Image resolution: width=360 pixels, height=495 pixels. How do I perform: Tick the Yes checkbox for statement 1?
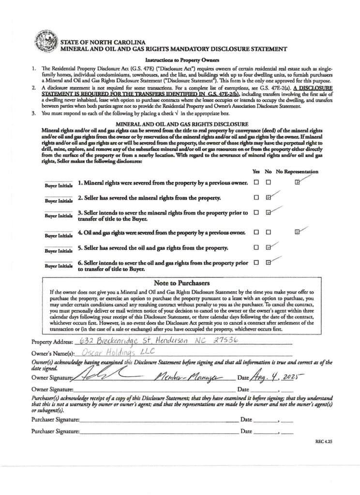(256, 182)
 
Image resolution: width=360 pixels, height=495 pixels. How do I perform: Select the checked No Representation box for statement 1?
(297, 182)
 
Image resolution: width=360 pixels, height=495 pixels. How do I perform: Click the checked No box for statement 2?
(269, 197)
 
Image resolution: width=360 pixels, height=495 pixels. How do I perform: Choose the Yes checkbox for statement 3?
(256, 212)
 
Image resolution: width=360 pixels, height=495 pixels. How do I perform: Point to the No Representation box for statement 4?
(297, 232)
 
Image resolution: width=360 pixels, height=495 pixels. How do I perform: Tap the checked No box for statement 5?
(269, 247)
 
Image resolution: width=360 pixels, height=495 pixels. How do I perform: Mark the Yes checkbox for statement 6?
(256, 262)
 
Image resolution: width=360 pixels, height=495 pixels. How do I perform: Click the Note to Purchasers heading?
(181, 283)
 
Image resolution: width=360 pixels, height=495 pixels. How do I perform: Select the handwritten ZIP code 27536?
(226, 339)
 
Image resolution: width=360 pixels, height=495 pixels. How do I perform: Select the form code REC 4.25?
(324, 441)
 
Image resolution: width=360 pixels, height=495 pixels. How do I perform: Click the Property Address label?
(52, 342)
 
